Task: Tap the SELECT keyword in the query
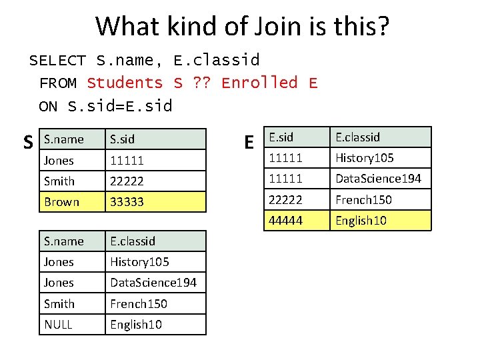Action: click(57, 61)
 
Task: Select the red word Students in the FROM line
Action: click(125, 83)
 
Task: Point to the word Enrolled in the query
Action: click(259, 83)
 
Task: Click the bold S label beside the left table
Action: click(29, 143)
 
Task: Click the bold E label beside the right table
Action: click(249, 143)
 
